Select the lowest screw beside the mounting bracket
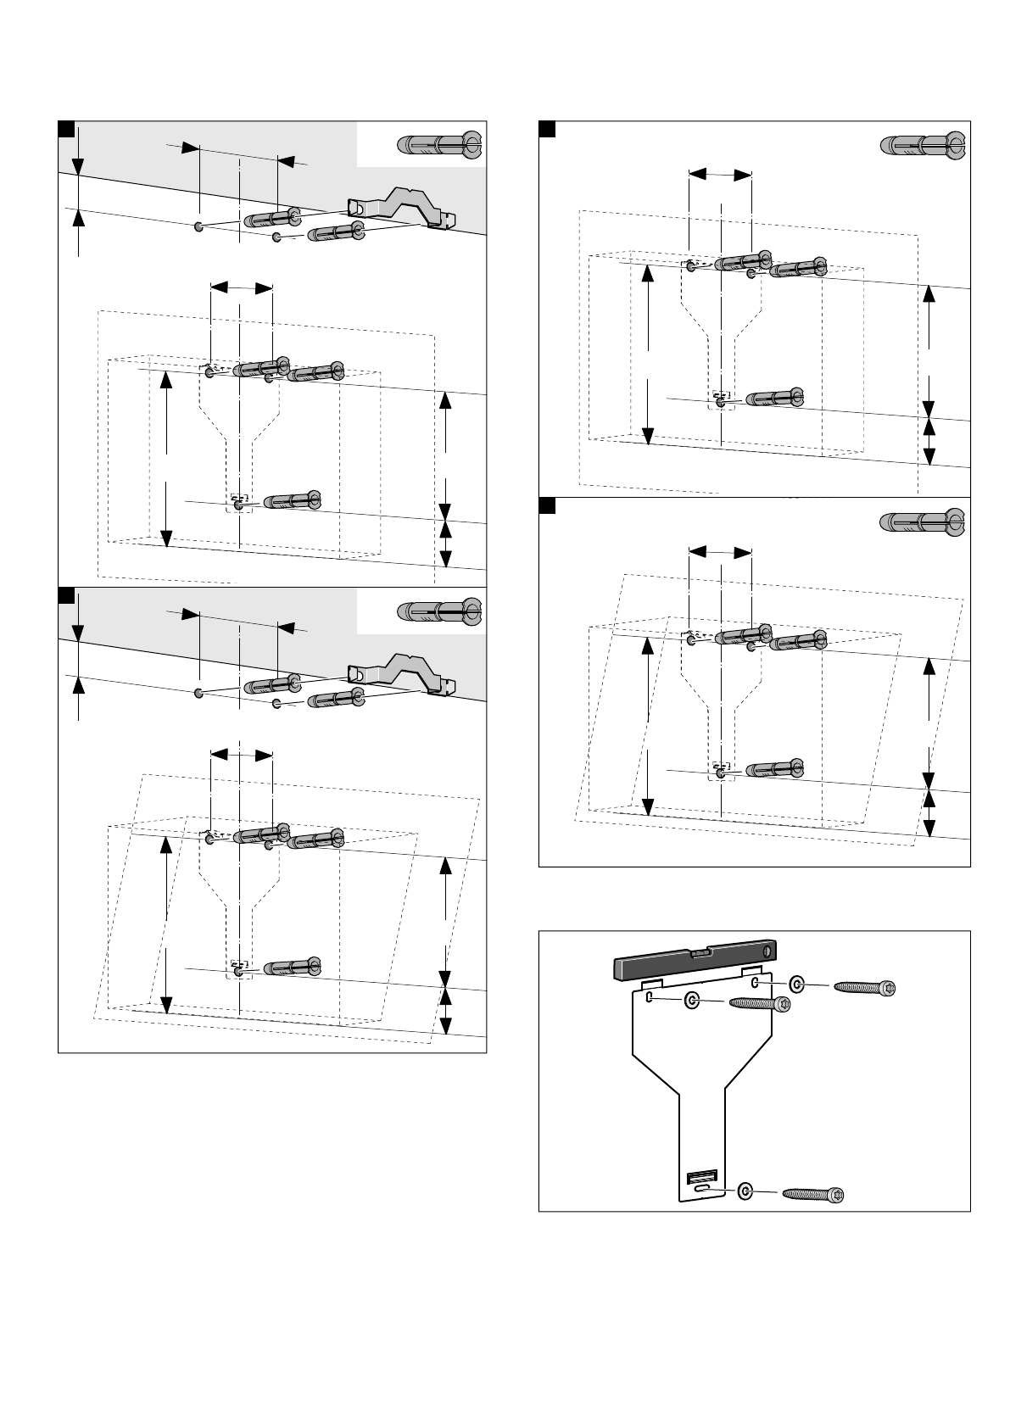814,1194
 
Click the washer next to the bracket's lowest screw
745,1191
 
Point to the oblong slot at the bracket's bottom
700,1191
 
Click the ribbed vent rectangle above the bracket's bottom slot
701,1175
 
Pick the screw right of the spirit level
864,986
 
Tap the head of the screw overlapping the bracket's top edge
781,1004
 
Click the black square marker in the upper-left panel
65,128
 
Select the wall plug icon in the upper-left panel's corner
439,144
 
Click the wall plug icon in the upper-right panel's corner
923,146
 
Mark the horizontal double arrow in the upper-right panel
720,175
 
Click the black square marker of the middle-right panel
548,505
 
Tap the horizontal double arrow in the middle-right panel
720,552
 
